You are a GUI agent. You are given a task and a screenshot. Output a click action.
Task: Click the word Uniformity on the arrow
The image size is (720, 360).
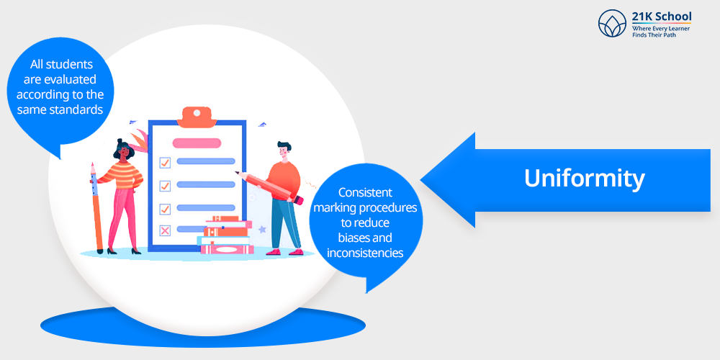584,179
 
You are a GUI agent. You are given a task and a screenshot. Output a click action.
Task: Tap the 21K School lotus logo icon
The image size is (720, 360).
612,24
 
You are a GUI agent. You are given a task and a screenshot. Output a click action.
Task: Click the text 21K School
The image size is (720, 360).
662,17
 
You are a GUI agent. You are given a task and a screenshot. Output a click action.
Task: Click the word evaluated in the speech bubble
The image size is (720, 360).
60,79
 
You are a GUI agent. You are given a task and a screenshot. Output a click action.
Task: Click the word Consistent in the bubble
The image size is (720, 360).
366,192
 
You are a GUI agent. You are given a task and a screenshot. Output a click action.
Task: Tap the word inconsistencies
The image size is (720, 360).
365,253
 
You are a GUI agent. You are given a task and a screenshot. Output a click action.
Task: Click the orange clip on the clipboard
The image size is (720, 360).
197,117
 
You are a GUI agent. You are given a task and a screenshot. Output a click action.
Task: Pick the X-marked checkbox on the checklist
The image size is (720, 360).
164,230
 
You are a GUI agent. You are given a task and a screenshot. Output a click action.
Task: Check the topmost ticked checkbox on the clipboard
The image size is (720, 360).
165,162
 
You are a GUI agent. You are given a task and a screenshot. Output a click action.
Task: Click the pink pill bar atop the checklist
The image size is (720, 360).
197,143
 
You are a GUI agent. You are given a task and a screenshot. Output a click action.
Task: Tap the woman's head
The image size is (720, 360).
123,148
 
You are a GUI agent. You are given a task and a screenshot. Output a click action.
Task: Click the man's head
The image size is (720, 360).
284,150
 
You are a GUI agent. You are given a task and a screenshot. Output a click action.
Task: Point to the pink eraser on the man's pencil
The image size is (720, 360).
299,200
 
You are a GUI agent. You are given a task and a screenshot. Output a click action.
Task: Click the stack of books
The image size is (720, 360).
225,235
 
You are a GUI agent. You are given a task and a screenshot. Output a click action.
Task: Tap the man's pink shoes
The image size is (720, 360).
284,251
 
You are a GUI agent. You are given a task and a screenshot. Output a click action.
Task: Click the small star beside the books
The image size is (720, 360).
262,229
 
